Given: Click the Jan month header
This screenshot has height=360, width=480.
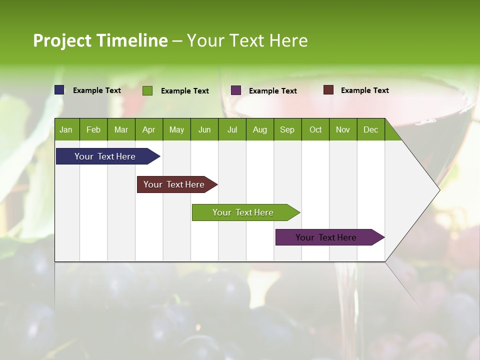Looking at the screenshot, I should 66,129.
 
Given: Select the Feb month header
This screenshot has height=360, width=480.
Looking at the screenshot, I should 93,129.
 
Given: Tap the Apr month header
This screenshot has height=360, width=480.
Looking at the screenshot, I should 148,129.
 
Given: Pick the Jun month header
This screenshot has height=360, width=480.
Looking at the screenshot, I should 204,129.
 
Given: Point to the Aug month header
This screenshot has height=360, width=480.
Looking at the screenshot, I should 260,129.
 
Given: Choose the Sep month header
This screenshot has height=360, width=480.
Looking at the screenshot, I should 287,129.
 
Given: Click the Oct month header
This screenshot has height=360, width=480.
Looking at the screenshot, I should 315,129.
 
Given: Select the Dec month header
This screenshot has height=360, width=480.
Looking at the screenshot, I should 370,129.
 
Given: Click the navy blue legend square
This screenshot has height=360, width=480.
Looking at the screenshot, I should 59,90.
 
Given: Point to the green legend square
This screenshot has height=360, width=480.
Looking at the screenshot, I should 147,90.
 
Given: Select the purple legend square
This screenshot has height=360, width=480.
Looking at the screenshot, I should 236,90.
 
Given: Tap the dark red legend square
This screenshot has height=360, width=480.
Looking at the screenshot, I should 328,90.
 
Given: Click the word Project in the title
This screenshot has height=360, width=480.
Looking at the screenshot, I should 62,40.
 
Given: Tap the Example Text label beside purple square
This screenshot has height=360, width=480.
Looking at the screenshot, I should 272,91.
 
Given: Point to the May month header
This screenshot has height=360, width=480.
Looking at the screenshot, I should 176,129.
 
